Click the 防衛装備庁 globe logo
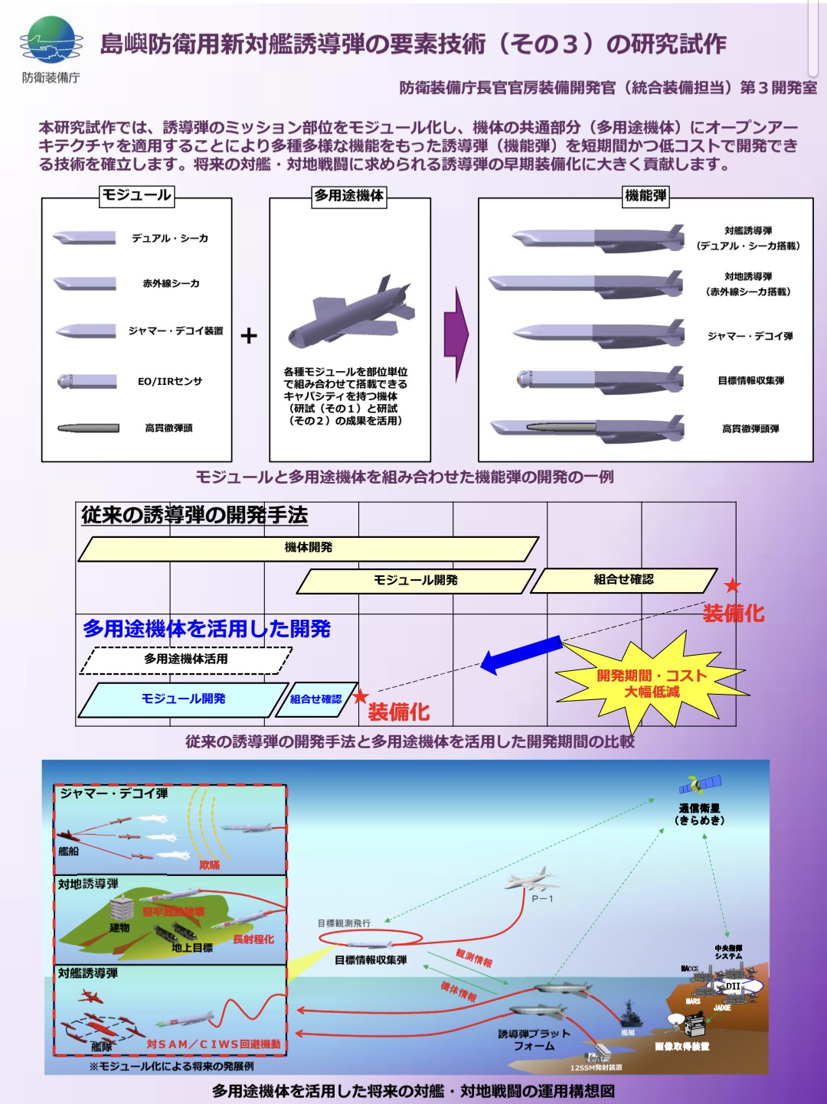51,41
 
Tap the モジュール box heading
137,196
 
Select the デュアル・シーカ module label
169,239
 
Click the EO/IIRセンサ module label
169,381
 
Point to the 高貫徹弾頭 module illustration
88,428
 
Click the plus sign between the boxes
249,336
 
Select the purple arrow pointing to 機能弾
456,334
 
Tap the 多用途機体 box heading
349,196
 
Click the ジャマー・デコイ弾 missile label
750,336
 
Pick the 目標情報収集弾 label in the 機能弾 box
750,381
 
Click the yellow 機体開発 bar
308,548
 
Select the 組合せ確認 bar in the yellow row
623,580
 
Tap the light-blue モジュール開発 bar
183,699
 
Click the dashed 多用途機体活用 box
185,659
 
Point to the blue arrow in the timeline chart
521,655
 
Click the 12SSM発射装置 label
596,1067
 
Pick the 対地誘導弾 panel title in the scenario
88,884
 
